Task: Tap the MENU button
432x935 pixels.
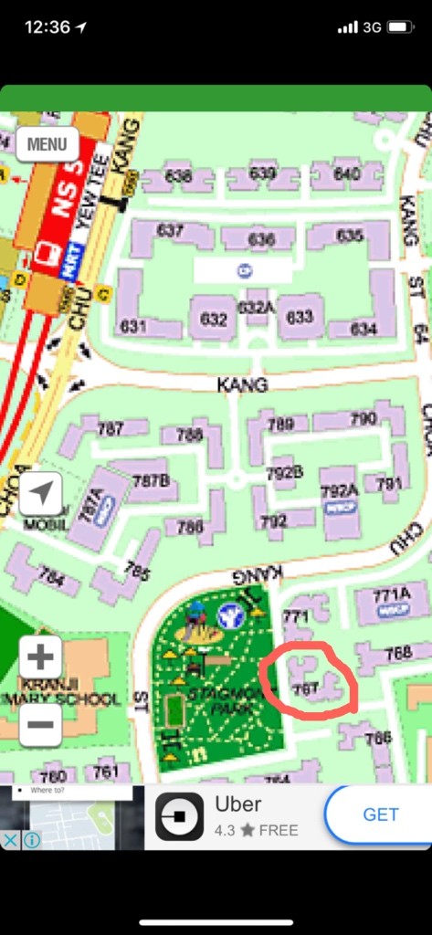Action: point(47,144)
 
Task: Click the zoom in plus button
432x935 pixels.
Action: point(40,657)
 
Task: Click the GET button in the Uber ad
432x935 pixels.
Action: point(380,815)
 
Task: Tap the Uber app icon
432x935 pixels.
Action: point(179,816)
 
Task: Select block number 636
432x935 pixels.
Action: point(261,239)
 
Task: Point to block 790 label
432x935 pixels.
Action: point(363,419)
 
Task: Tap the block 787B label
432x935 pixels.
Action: point(151,480)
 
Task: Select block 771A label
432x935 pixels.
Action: point(392,596)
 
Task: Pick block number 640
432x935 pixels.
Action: point(346,173)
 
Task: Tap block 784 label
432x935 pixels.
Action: point(51,578)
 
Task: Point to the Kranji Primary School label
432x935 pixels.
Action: point(71,691)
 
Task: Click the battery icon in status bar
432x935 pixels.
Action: point(400,27)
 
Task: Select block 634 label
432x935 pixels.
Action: point(363,329)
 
